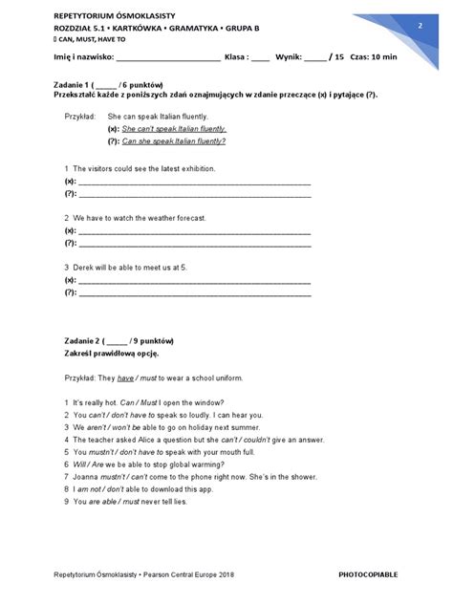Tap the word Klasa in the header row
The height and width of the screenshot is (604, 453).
pyautogui.click(x=235, y=57)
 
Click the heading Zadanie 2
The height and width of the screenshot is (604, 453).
pyautogui.click(x=73, y=341)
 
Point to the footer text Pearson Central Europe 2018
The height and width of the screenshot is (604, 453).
pyautogui.click(x=187, y=575)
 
